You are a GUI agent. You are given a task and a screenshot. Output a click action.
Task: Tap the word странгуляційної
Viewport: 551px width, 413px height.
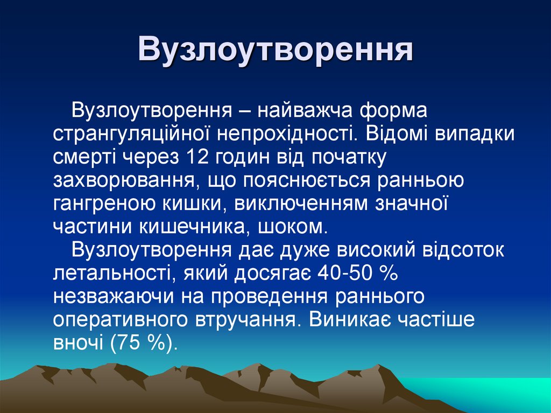pyautogui.click(x=128, y=134)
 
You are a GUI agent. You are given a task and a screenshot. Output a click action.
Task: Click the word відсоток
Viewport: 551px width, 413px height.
pyautogui.click(x=463, y=249)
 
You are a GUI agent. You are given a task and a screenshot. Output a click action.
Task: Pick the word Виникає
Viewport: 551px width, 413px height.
pyautogui.click(x=350, y=319)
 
